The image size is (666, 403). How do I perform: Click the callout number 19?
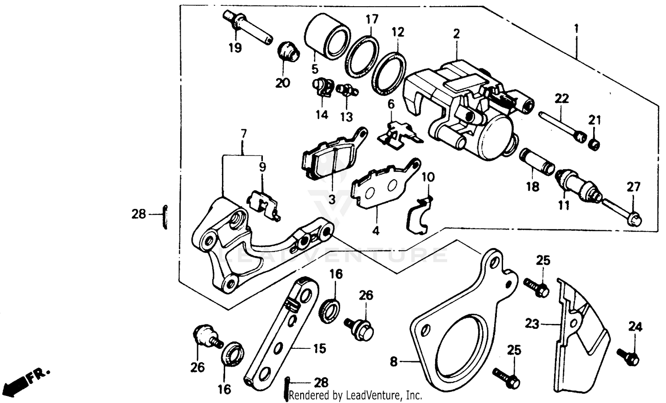(x=235, y=47)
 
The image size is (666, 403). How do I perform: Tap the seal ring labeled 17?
(x=362, y=52)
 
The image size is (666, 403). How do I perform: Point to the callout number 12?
(x=398, y=32)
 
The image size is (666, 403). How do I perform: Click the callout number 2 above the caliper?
(x=456, y=34)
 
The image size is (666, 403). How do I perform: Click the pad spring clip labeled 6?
(x=400, y=134)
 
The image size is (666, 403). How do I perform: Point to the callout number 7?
(x=243, y=134)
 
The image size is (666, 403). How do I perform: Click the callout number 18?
(x=532, y=186)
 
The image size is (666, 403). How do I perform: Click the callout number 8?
(x=394, y=362)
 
